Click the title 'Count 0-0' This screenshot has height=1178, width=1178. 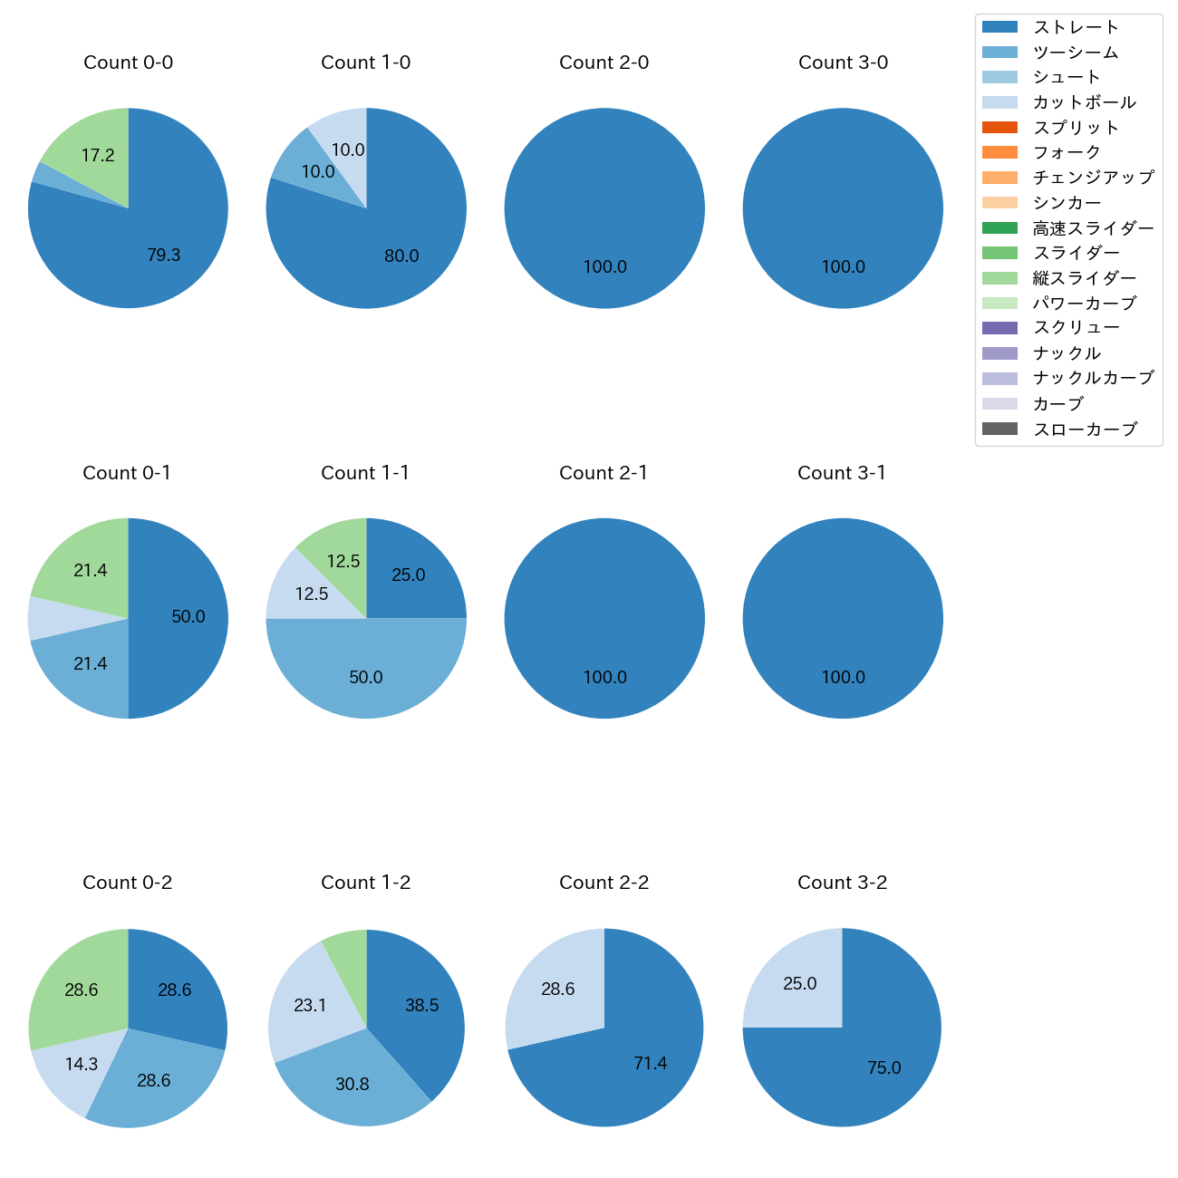pyautogui.click(x=128, y=63)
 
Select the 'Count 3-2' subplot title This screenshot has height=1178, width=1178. pyautogui.click(x=842, y=883)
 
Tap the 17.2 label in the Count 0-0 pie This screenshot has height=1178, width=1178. pyautogui.click(x=98, y=156)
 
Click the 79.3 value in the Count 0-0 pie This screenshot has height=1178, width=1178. pyautogui.click(x=164, y=256)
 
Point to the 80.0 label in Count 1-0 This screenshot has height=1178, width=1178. pyautogui.click(x=401, y=256)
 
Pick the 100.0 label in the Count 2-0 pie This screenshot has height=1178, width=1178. pyautogui.click(x=604, y=267)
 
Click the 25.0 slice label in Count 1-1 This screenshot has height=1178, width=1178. pyautogui.click(x=409, y=575)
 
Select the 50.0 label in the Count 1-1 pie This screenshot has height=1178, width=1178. pyautogui.click(x=366, y=678)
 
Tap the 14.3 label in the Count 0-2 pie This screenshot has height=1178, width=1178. pyautogui.click(x=82, y=1064)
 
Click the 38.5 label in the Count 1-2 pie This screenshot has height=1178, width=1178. pyautogui.click(x=422, y=1006)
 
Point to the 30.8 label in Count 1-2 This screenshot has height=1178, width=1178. pyautogui.click(x=352, y=1085)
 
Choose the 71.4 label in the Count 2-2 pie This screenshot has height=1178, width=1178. pyautogui.click(x=651, y=1064)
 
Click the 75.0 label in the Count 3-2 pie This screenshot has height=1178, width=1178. pyautogui.click(x=884, y=1068)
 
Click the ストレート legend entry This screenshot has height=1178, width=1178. pyautogui.click(x=1076, y=27)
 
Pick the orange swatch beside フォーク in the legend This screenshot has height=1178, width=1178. pyautogui.click(x=999, y=152)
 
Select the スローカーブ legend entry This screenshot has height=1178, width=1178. pyautogui.click(x=1085, y=430)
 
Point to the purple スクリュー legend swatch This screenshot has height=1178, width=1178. pyautogui.click(x=999, y=328)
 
